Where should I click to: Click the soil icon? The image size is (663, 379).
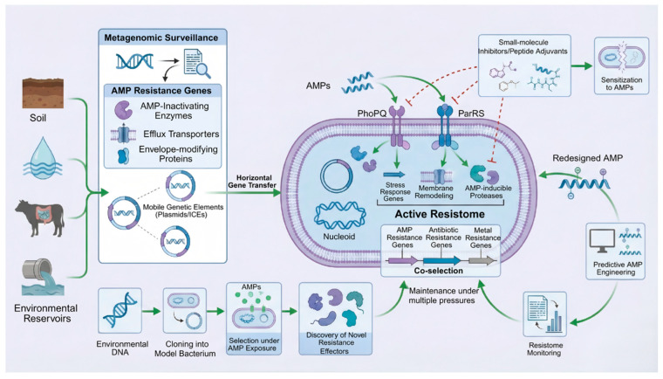(43, 93)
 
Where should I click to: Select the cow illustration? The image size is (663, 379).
(40, 218)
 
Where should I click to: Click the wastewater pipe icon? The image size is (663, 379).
(43, 278)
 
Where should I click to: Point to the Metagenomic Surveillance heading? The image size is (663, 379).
(161, 38)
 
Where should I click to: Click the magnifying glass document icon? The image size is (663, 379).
(196, 64)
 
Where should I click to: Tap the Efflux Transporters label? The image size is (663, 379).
(181, 134)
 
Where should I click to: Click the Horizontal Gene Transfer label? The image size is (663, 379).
(252, 182)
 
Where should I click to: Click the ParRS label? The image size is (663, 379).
(471, 113)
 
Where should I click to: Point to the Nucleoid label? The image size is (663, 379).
(339, 237)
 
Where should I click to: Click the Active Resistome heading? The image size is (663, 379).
(440, 214)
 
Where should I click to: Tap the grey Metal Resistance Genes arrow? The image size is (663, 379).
(482, 261)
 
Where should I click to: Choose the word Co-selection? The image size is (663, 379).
(439, 271)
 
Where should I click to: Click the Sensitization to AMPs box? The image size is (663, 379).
(621, 65)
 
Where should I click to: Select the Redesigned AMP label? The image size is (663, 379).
(587, 158)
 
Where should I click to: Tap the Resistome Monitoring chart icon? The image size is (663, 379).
(545, 314)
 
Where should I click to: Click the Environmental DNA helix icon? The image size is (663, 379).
(120, 311)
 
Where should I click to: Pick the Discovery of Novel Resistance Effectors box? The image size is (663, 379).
(335, 319)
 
